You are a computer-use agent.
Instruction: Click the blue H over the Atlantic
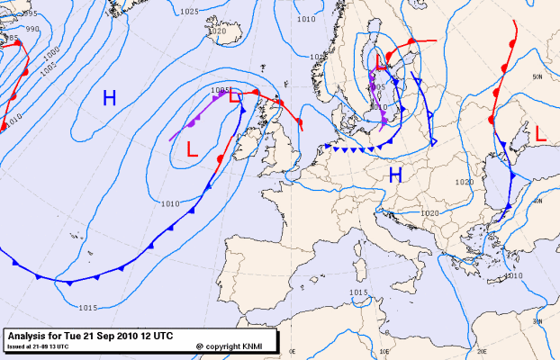(109, 98)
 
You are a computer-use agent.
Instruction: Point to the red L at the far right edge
(540, 133)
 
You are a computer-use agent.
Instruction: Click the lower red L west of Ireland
(192, 149)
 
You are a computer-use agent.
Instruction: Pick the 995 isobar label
(30, 13)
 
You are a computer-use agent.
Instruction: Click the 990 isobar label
(32, 30)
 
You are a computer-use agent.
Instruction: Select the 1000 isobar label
(49, 52)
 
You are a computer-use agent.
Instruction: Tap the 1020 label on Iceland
(217, 31)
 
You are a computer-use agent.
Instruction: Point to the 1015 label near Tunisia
(358, 293)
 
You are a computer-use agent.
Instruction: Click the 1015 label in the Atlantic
(87, 309)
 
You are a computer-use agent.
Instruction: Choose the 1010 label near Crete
(512, 275)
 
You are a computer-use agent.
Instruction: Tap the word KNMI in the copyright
(256, 346)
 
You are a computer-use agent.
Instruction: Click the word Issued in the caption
(16, 345)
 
